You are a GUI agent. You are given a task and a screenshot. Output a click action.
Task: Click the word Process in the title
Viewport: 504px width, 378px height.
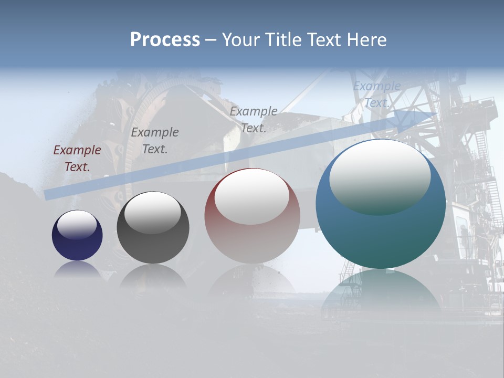[x=165, y=40]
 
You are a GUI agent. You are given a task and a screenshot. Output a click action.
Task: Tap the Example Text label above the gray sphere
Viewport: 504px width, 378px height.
[x=155, y=141]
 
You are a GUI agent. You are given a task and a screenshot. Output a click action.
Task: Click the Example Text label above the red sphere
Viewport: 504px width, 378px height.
[x=254, y=119]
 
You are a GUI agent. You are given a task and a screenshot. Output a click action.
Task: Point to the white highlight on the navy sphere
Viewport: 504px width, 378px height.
[x=77, y=224]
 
